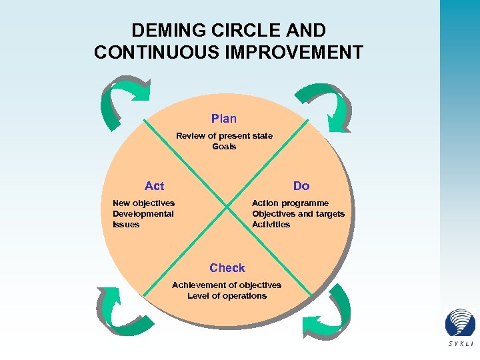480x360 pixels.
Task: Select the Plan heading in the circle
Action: pyautogui.click(x=224, y=119)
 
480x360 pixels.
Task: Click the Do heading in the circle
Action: pyautogui.click(x=301, y=186)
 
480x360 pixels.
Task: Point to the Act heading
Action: pyautogui.click(x=154, y=186)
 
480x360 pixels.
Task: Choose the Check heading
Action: pyautogui.click(x=227, y=268)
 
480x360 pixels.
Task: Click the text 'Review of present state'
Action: pyautogui.click(x=224, y=136)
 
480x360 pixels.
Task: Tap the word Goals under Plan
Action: pyautogui.click(x=224, y=147)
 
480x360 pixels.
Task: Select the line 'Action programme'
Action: pyautogui.click(x=290, y=203)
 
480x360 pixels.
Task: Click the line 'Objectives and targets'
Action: pyautogui.click(x=298, y=214)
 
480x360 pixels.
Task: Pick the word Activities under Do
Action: pyautogui.click(x=271, y=225)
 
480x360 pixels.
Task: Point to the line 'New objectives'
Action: pyautogui.click(x=143, y=203)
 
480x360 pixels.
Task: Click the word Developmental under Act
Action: pyautogui.click(x=143, y=214)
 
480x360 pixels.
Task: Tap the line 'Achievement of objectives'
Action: pyautogui.click(x=227, y=285)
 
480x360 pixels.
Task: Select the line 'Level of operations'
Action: pyautogui.click(x=227, y=296)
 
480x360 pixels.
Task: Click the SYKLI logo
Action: pyautogui.click(x=461, y=327)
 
